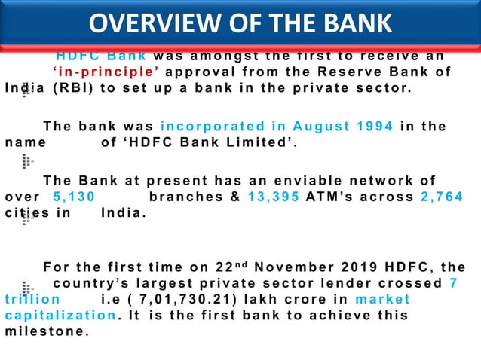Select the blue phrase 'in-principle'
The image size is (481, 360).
point(102,72)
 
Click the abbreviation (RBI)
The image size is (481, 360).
point(72,88)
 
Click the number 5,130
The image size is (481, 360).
point(74,197)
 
